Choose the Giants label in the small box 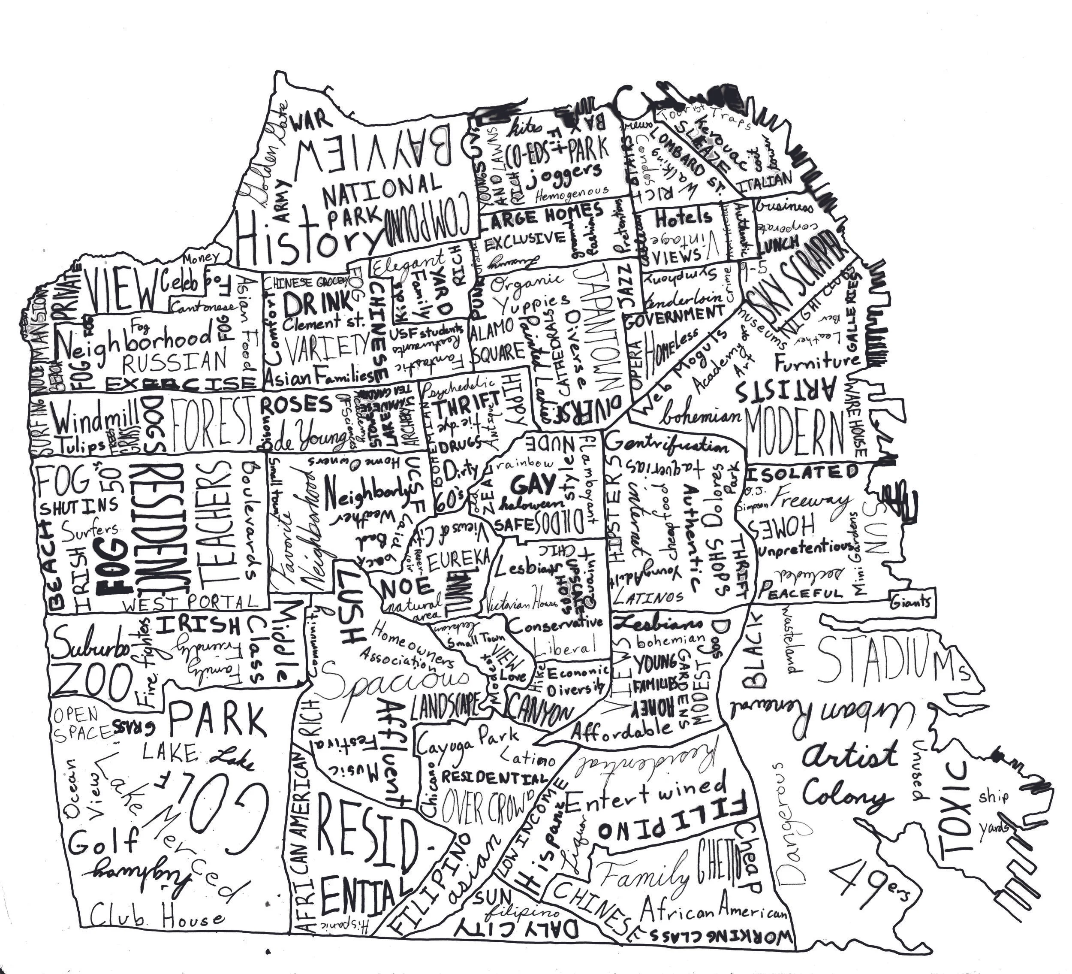click(911, 602)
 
